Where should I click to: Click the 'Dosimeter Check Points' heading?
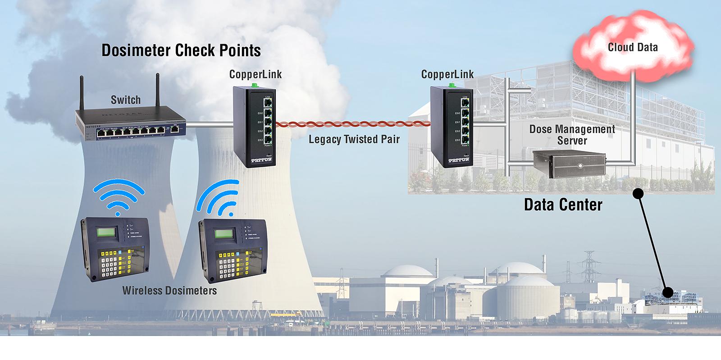tap(181, 50)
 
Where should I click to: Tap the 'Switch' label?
tap(126, 100)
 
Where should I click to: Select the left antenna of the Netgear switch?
tap(82, 92)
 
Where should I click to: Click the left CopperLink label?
tap(256, 74)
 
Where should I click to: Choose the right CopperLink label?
tap(447, 74)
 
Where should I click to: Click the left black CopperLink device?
tap(253, 127)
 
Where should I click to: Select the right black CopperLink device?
tap(451, 127)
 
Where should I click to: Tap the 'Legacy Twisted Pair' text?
tap(354, 139)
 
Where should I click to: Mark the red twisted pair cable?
tap(351, 124)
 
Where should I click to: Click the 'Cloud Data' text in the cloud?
tap(633, 47)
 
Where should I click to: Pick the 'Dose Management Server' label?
tap(572, 135)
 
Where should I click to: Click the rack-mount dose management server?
tap(570, 164)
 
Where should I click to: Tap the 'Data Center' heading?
tap(563, 205)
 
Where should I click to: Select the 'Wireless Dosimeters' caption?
tap(169, 291)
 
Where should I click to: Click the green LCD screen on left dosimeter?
tap(105, 232)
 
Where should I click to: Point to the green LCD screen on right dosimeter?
tap(224, 233)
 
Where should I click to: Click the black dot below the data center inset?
tap(638, 194)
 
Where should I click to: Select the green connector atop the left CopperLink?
tap(255, 85)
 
